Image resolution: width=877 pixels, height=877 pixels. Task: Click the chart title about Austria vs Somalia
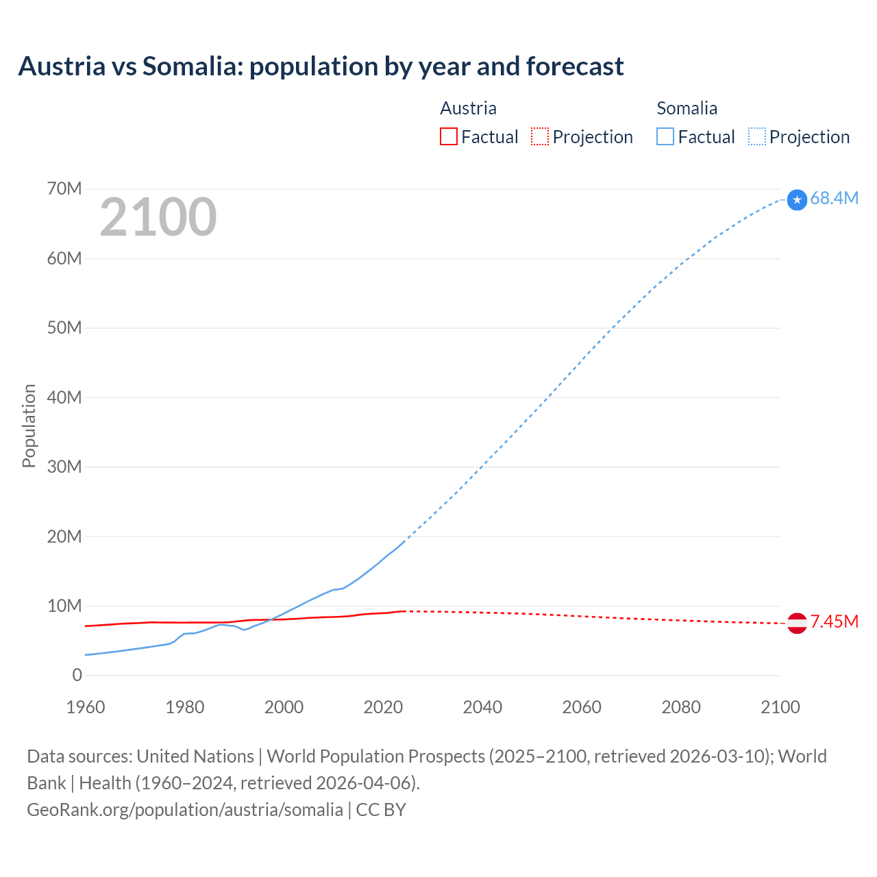pos(321,66)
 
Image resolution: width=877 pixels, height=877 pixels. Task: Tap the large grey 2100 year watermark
pos(158,217)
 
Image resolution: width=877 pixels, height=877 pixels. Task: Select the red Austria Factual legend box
pos(448,137)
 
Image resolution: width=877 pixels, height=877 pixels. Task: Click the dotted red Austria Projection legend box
pos(540,137)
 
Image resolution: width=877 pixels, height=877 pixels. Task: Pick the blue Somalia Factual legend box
pos(665,137)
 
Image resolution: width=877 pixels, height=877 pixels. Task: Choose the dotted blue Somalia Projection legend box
pos(757,137)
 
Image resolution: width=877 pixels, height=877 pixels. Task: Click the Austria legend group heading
pos(468,108)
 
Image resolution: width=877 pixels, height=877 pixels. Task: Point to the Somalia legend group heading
pos(687,108)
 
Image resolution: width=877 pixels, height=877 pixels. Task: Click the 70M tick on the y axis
pos(64,189)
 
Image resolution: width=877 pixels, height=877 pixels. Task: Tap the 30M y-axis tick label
pos(64,467)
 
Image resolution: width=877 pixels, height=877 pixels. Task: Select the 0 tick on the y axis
pos(77,676)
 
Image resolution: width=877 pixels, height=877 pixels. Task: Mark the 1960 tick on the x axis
pos(86,707)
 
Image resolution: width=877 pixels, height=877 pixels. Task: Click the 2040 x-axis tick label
pos(482,707)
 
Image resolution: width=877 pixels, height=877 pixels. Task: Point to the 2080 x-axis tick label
pos(681,707)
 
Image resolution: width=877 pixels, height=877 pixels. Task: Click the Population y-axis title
pos(29,425)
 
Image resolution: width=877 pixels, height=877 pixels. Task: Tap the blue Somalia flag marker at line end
pos(797,199)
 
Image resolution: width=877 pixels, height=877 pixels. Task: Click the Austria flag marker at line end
pos(797,623)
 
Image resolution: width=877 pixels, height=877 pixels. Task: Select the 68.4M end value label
pos(834,199)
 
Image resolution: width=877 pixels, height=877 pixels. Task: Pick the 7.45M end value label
pos(834,622)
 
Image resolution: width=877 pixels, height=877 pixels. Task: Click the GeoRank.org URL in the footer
pos(185,810)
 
